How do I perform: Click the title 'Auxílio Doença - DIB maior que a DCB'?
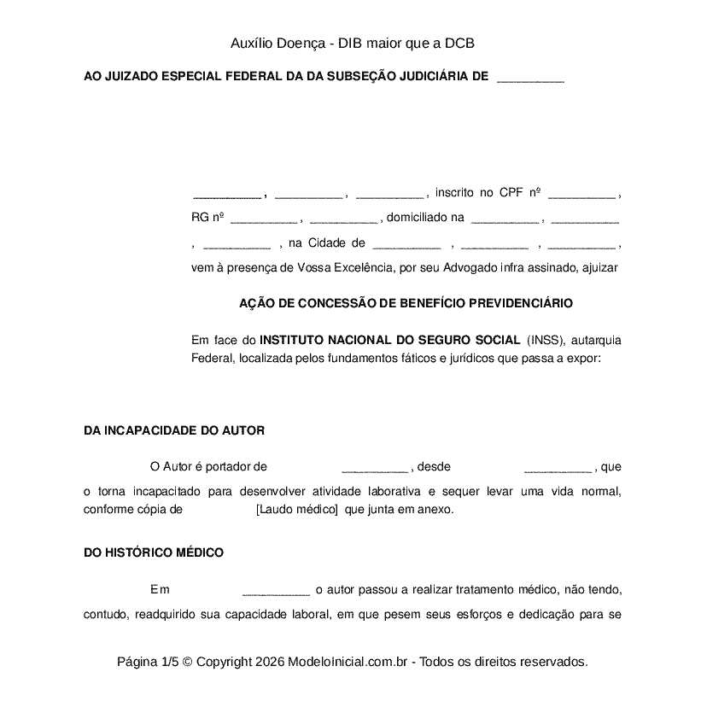click(x=352, y=43)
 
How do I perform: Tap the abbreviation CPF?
click(x=511, y=193)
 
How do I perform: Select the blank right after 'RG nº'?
click(x=264, y=219)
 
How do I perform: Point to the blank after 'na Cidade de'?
click(x=406, y=245)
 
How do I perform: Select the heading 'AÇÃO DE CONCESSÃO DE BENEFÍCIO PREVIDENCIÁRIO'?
click(x=406, y=303)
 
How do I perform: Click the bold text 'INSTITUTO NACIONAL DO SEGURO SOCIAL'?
click(x=389, y=340)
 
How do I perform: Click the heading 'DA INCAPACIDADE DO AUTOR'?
click(x=174, y=430)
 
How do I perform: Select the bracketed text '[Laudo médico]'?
click(x=296, y=510)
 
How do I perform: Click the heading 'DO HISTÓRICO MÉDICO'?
click(x=154, y=552)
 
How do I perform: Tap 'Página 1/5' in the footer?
click(x=148, y=662)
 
